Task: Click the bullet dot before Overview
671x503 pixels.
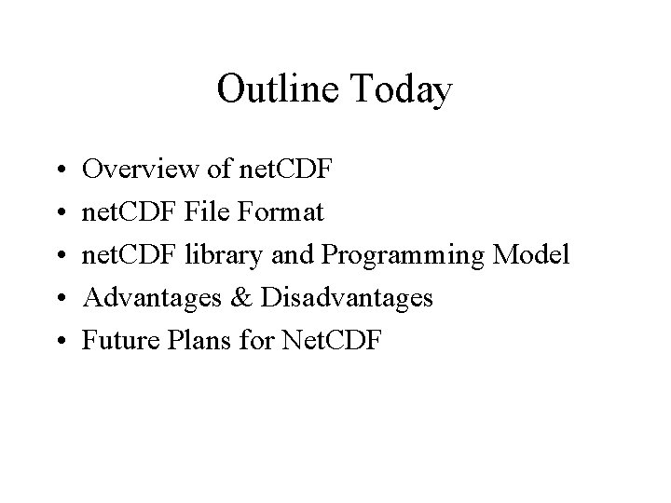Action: [59, 170]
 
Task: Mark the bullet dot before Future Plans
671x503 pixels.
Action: [59, 342]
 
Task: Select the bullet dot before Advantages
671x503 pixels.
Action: [59, 299]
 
